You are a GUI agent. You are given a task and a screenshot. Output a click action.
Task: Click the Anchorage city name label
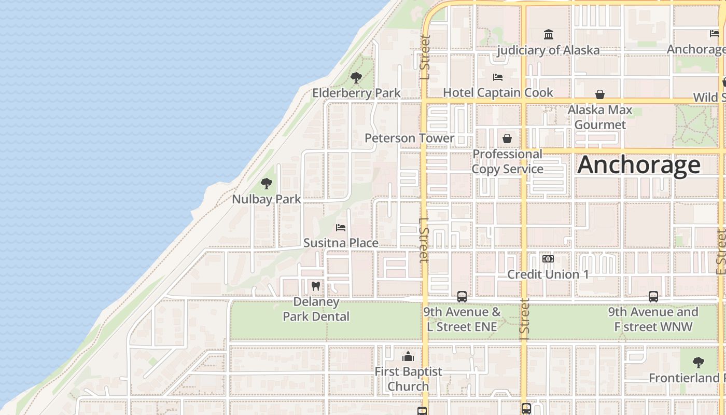point(638,165)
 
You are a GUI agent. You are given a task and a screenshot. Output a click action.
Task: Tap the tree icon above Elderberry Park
point(356,78)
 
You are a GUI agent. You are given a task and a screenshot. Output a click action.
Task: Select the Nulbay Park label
point(266,199)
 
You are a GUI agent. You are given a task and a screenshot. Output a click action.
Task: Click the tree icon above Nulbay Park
point(267,183)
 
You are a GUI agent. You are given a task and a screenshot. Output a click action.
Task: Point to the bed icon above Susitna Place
point(341,228)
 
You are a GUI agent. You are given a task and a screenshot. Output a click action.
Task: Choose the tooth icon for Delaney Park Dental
point(315,286)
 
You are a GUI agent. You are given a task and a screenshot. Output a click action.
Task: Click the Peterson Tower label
point(409,138)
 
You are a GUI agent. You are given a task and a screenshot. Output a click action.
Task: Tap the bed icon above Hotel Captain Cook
point(498,77)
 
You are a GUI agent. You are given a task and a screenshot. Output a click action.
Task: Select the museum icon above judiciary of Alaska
point(548,35)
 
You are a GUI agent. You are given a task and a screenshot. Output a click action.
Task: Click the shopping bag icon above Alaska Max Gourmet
point(600,94)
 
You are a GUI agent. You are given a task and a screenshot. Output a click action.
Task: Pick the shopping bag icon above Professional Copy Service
point(507,139)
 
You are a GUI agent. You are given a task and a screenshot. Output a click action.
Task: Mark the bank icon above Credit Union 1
point(548,259)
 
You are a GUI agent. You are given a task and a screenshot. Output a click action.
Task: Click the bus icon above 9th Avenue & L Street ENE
point(462,297)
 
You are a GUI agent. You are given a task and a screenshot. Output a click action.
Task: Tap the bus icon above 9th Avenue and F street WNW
point(653,297)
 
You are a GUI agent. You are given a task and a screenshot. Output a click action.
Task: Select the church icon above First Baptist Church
point(408,356)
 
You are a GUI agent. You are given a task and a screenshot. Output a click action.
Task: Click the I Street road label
point(525,316)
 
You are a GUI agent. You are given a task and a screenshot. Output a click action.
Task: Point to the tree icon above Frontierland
point(698,363)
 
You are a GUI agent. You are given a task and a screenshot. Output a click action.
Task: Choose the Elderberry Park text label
point(356,93)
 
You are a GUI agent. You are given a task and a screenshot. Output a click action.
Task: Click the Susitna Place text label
point(341,243)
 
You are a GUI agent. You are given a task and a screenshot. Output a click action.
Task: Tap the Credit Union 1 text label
point(548,274)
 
